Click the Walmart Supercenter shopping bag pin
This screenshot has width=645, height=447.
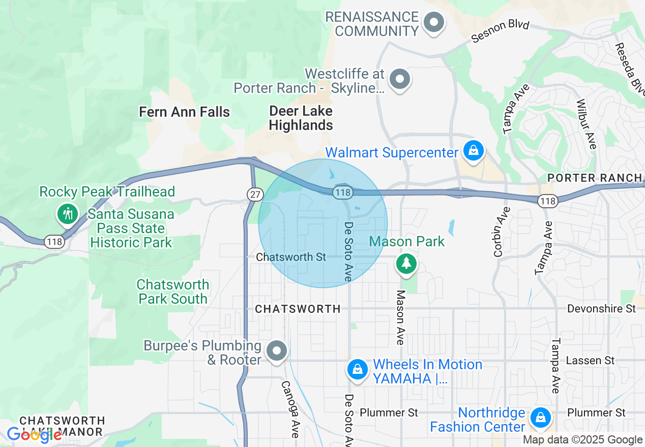pos(474,151)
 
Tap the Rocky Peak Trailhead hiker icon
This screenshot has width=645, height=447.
pos(67,213)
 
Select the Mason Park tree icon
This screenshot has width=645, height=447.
pos(406,263)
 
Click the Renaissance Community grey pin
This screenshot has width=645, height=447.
pos(434,22)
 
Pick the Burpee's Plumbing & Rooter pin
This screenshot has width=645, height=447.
pos(277,350)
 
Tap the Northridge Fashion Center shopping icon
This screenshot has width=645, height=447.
pos(540,418)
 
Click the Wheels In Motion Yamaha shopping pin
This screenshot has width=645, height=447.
pos(358,369)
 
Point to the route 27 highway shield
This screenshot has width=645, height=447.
pos(254,194)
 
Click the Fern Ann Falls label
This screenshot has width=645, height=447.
pos(185,112)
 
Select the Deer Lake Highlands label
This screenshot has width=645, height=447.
pos(301,118)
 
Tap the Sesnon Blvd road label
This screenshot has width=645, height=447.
pos(501,31)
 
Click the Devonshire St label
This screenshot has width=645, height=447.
pos(601,308)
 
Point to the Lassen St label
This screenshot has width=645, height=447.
pos(590,360)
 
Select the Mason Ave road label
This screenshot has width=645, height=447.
pos(401,317)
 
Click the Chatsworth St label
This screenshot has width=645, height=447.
pos(291,257)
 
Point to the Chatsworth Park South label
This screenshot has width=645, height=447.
pos(173,292)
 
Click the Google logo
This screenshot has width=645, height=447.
pos(34,434)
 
